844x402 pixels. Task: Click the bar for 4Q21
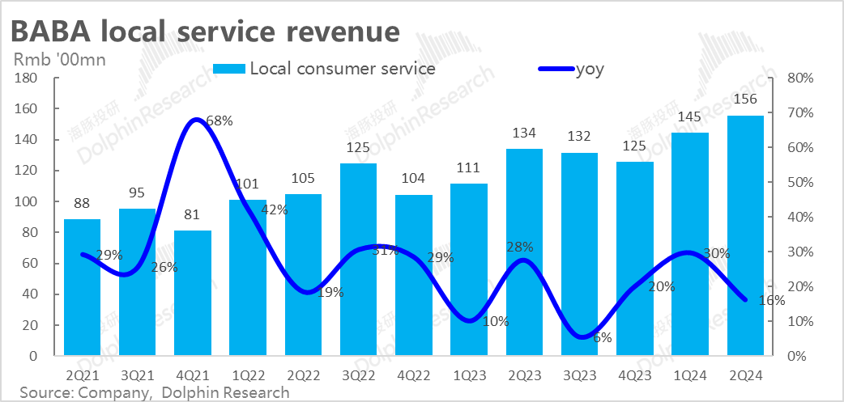[193, 293]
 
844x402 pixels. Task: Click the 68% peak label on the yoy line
[220, 121]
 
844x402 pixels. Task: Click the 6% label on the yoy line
[603, 338]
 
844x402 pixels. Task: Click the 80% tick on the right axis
[799, 78]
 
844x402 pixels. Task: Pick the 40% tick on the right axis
[799, 217]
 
